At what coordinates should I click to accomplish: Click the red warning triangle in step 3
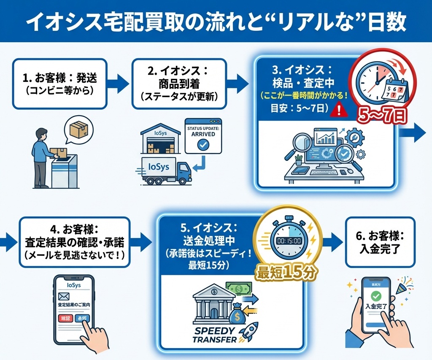(339, 111)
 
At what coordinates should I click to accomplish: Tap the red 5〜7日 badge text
(381, 115)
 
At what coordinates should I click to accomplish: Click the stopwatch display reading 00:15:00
(289, 241)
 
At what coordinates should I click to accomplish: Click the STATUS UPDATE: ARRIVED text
(203, 130)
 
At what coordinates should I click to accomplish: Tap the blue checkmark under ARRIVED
(203, 145)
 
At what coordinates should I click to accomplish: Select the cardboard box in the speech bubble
(80, 129)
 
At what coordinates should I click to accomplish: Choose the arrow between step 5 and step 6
(333, 241)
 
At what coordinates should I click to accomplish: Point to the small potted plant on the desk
(299, 160)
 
